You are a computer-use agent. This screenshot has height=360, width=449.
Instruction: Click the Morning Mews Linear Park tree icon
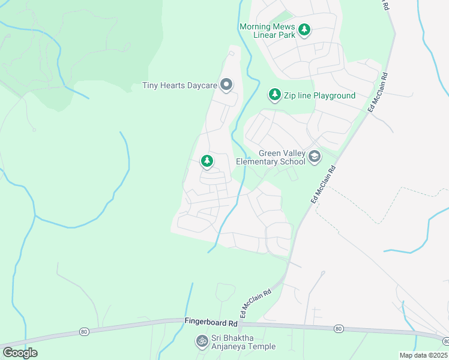304,29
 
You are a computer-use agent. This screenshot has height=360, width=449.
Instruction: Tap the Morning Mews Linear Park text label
267,31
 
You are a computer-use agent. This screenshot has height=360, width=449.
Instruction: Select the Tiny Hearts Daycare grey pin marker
226,85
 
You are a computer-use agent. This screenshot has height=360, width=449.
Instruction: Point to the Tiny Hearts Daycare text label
179,86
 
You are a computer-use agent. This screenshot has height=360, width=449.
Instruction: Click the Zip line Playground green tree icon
275,95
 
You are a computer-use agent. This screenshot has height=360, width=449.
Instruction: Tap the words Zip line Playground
319,95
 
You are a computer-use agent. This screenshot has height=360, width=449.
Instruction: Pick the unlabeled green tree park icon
207,161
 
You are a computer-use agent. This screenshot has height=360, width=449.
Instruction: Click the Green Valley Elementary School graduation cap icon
314,157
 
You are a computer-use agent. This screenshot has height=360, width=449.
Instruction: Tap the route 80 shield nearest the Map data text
339,328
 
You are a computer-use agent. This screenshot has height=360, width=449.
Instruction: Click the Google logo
20,352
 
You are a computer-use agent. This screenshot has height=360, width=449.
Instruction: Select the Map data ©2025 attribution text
423,355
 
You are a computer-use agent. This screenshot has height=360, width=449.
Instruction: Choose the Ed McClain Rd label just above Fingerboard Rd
256,303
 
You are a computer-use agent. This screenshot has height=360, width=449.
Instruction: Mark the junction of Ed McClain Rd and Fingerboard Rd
239,323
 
